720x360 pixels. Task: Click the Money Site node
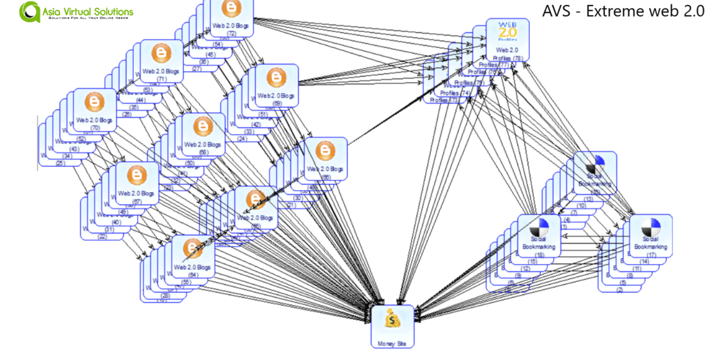pos(392,327)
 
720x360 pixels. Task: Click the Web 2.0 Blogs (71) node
pos(161,62)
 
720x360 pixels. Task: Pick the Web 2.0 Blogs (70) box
pos(95,110)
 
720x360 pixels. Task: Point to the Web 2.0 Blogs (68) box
pos(203,135)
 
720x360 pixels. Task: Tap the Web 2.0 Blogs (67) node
pos(136,184)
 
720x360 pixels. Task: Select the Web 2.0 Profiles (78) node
pos(508,40)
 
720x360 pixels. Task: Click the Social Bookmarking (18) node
pos(539,236)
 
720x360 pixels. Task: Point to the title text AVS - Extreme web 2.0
pos(623,11)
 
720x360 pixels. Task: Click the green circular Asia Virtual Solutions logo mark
pos(29,11)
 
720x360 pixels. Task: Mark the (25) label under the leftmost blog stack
pos(60,164)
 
